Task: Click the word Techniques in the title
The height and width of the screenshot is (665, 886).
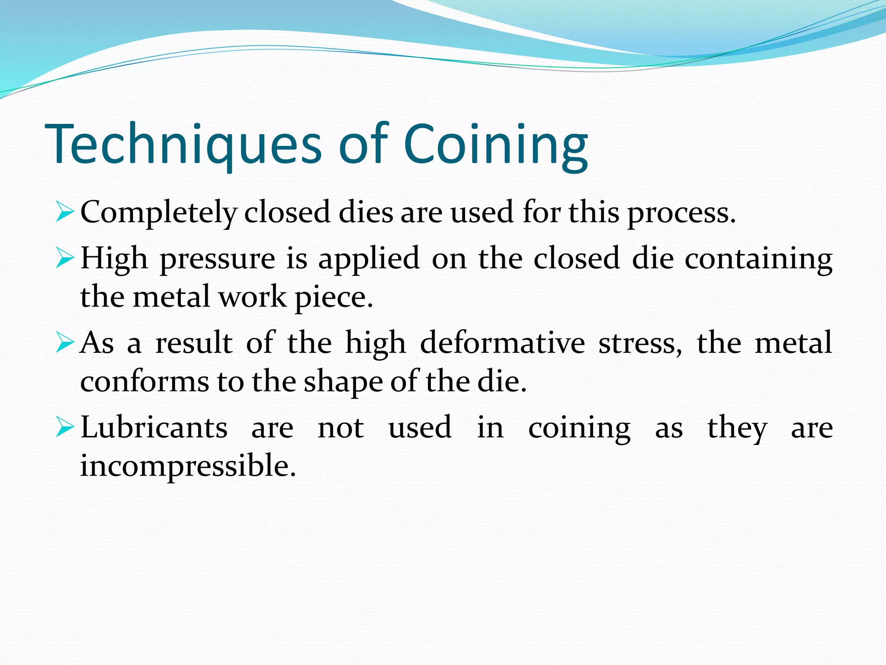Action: [183, 145]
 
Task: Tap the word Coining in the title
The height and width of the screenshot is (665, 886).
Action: [496, 145]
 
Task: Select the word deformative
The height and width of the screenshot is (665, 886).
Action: [502, 343]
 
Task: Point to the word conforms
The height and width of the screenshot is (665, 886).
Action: [144, 381]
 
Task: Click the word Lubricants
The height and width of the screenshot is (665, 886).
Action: [154, 428]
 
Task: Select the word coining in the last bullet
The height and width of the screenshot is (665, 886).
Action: [579, 429]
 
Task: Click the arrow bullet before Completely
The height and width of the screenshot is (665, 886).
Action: [65, 212]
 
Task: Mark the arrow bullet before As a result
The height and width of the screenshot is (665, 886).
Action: [65, 342]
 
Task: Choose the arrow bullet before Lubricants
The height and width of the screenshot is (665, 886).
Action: [65, 427]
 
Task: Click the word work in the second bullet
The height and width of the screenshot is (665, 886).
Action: [252, 298]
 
